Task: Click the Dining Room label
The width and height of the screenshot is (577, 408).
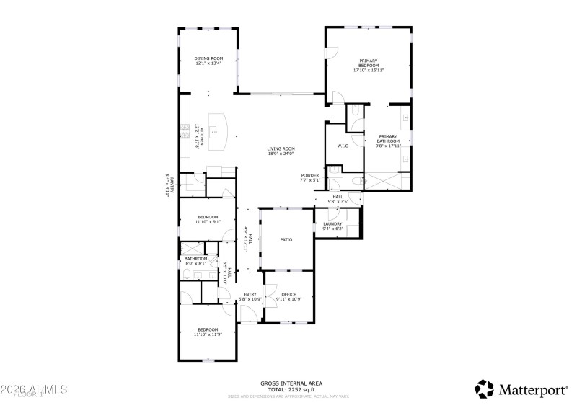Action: [x=208, y=58]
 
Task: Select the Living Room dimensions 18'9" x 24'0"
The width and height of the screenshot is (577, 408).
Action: [x=281, y=154]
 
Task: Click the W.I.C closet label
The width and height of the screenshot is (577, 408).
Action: [x=343, y=146]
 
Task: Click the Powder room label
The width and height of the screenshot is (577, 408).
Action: [x=310, y=175]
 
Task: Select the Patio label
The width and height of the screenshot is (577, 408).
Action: [x=286, y=239]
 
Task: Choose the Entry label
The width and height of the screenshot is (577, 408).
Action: [x=250, y=294]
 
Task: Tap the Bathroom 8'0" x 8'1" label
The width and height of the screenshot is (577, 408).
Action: [x=195, y=259]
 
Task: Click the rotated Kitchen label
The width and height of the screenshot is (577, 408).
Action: [x=202, y=135]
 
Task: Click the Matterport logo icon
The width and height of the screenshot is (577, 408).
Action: [x=484, y=389]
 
